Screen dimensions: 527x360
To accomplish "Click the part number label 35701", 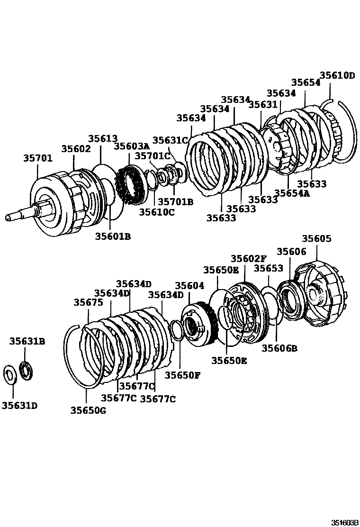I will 38,158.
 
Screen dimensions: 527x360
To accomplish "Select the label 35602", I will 76,148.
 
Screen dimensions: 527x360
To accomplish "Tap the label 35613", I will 103,138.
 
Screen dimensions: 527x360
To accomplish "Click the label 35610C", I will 157,212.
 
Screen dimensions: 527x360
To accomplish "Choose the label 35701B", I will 175,202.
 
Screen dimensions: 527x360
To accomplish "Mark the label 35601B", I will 113,236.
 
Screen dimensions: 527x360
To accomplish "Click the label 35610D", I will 337,75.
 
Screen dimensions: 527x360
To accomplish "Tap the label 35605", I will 317,239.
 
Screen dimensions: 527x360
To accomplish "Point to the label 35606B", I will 279,348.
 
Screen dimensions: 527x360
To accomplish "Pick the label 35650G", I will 88,410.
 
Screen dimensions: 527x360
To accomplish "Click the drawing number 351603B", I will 344,523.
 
